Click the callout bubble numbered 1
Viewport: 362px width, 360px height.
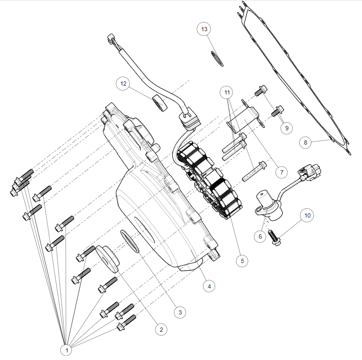(x=66, y=349)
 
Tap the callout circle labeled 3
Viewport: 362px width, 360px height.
(x=180, y=312)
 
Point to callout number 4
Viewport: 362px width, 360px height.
(x=209, y=286)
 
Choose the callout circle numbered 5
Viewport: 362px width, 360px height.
(x=242, y=261)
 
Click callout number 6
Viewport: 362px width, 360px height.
(x=260, y=236)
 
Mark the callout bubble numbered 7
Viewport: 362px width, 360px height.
(x=281, y=172)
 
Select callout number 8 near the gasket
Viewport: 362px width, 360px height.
(x=306, y=142)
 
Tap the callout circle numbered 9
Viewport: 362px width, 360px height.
(x=287, y=128)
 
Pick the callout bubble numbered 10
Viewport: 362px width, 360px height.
(x=307, y=215)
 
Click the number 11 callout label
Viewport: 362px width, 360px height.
(x=228, y=91)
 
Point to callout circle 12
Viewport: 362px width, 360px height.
(x=123, y=83)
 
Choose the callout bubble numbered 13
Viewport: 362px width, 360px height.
(x=205, y=29)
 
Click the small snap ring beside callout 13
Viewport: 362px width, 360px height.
(x=217, y=58)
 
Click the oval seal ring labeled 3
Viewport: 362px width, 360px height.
(x=130, y=241)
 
